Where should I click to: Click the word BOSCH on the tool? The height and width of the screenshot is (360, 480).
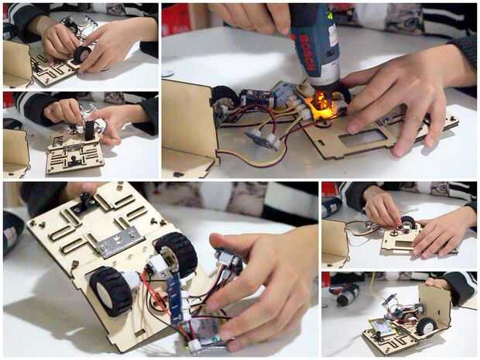[307, 53]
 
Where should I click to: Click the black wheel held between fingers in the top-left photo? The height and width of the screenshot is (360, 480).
[82, 54]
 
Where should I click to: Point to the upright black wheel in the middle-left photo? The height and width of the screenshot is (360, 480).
[89, 130]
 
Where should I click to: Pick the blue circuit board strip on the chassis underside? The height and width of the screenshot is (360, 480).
[177, 297]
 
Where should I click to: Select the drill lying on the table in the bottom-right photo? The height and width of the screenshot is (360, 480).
[345, 293]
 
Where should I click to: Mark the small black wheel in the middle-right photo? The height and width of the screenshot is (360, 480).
[408, 222]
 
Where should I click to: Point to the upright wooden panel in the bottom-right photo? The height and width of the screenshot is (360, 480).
[435, 306]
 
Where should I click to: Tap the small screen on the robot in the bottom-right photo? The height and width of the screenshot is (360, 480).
[380, 327]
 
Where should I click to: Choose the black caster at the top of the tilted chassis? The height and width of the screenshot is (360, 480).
[85, 199]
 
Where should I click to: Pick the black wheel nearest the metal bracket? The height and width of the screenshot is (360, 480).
[177, 255]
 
